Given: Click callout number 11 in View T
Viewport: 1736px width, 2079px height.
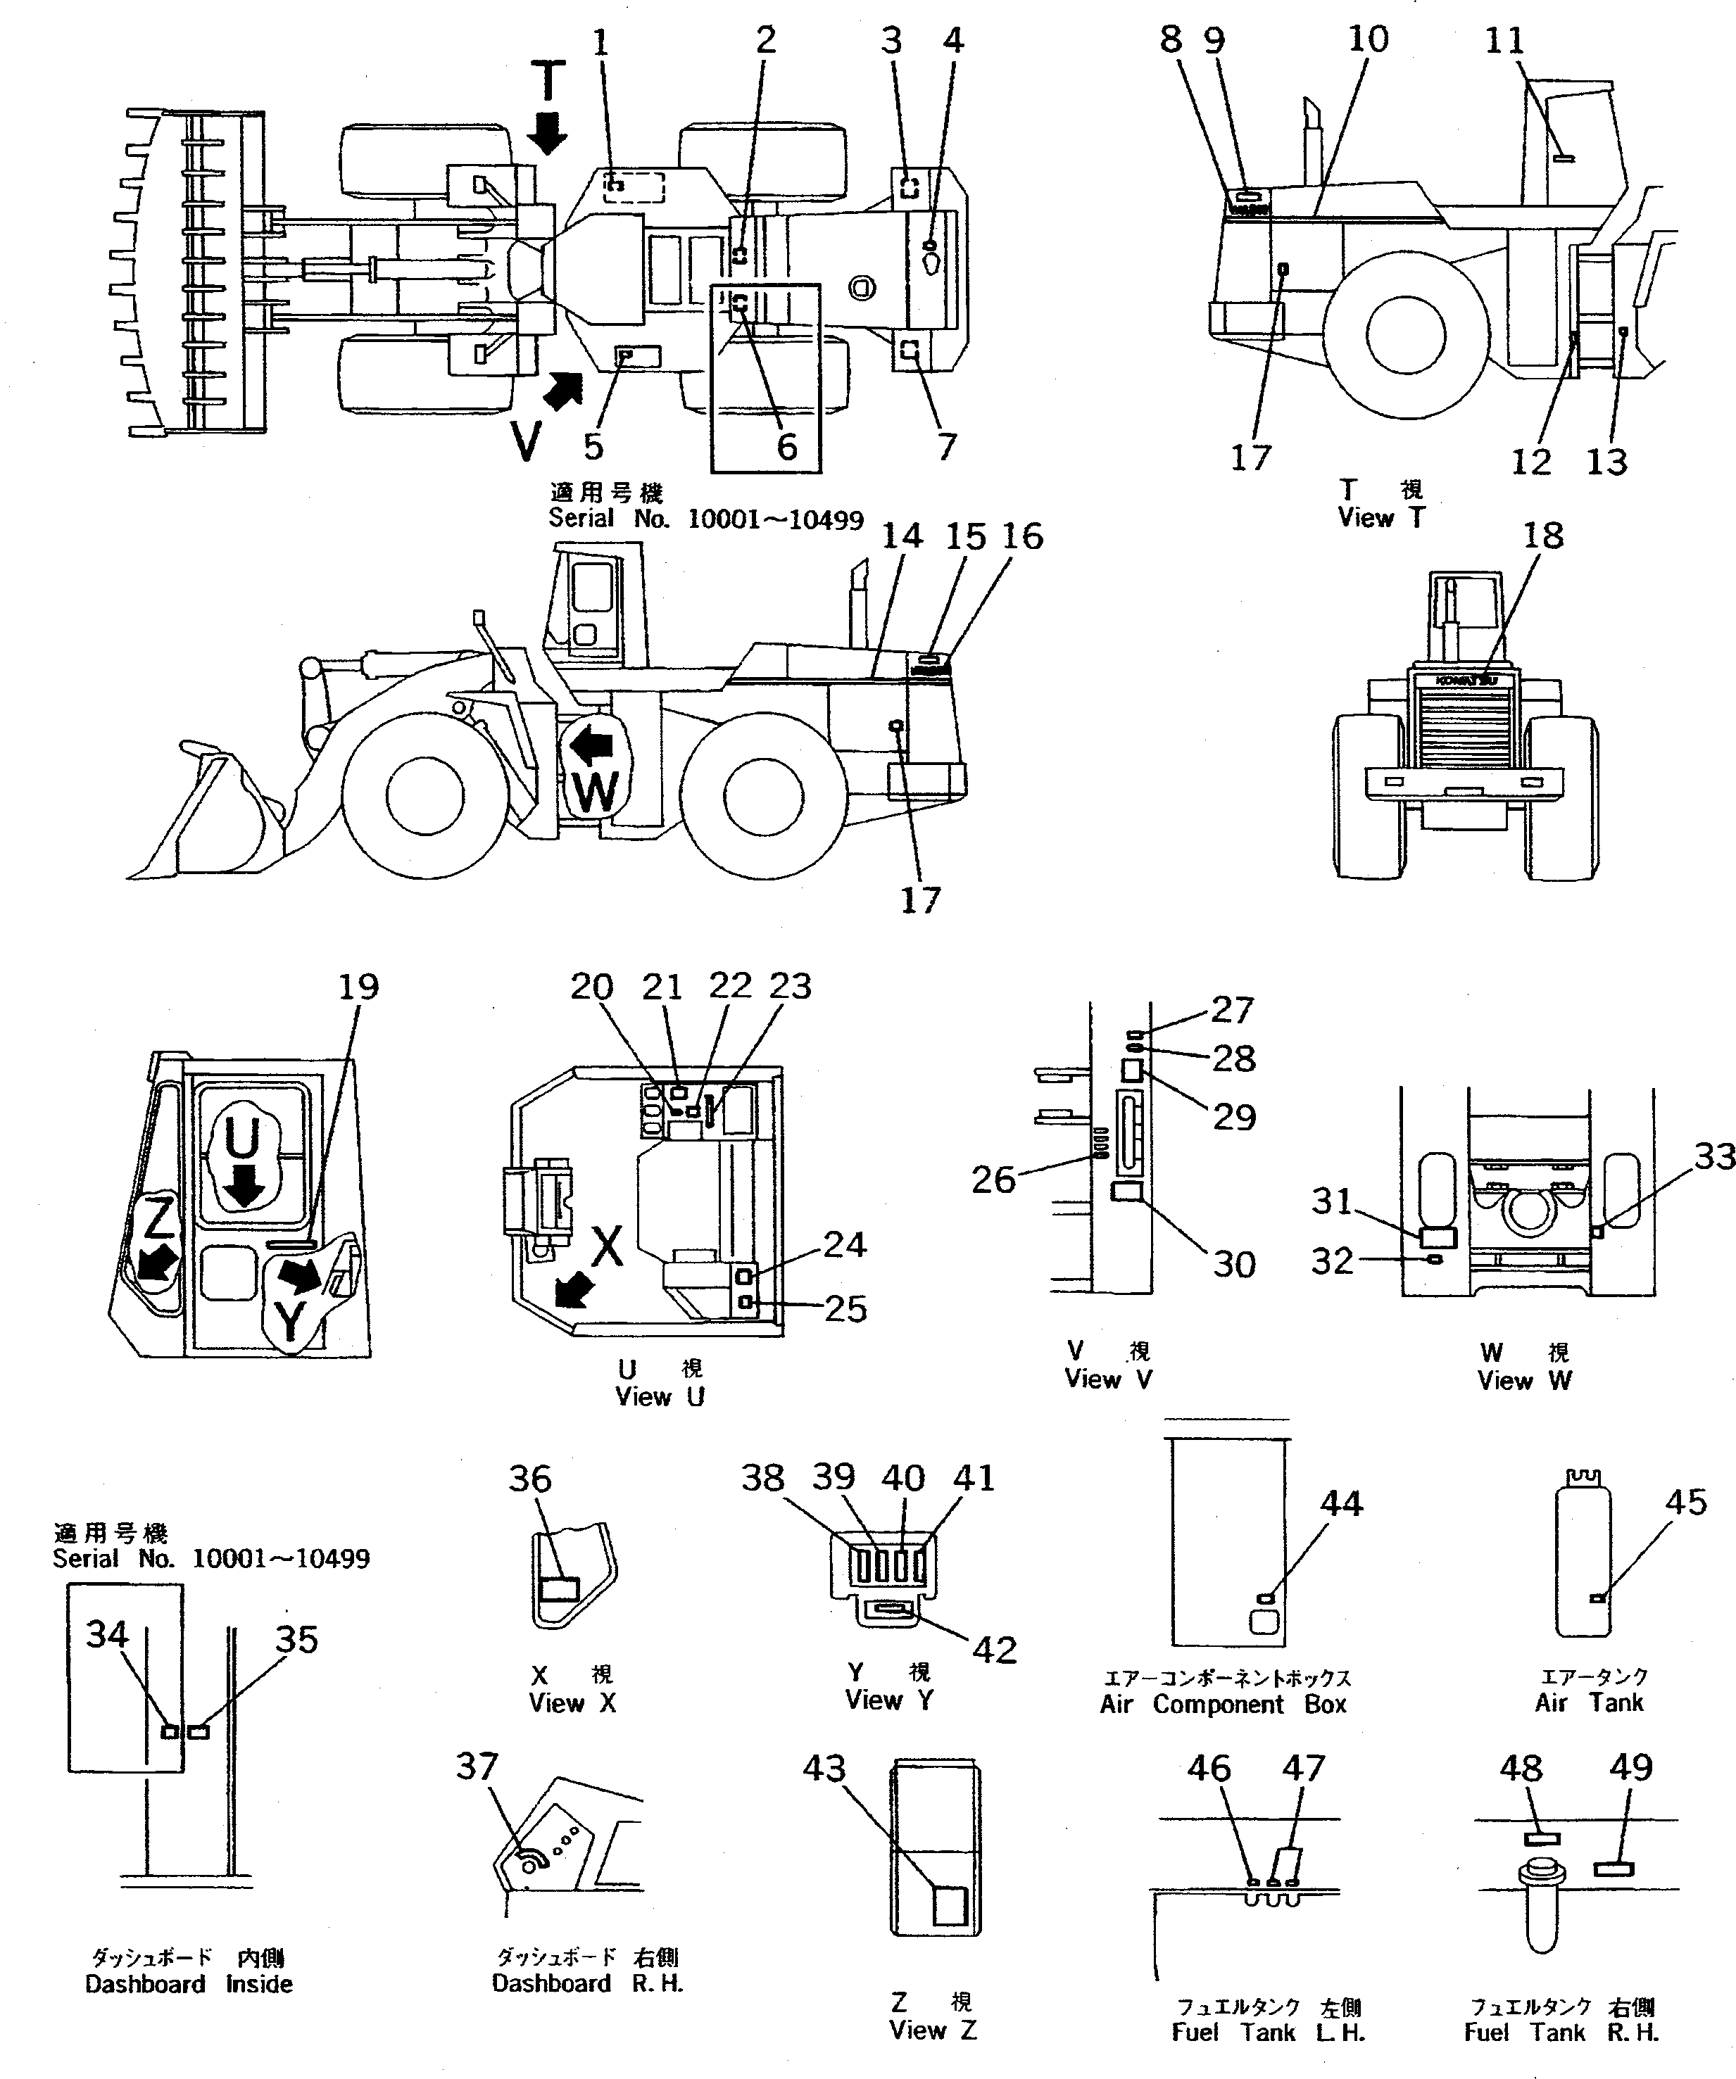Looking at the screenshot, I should tap(1504, 41).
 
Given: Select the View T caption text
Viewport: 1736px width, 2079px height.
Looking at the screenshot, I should tap(1380, 517).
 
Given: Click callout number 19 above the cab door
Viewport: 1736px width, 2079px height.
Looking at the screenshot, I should tap(358, 986).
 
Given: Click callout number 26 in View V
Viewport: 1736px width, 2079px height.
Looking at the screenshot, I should tap(993, 1179).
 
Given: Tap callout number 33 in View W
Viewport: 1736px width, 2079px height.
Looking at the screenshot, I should tap(1714, 1156).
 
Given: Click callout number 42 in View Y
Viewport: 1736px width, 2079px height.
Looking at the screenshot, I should tap(994, 1650).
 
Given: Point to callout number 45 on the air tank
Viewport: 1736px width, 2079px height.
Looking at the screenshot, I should tap(1685, 1502).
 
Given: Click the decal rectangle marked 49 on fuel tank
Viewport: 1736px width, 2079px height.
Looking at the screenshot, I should tap(1614, 1869).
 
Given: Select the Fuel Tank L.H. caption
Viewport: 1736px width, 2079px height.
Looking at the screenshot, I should tap(1268, 2033).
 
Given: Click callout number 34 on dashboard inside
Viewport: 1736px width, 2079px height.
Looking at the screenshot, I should tap(107, 1633).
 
